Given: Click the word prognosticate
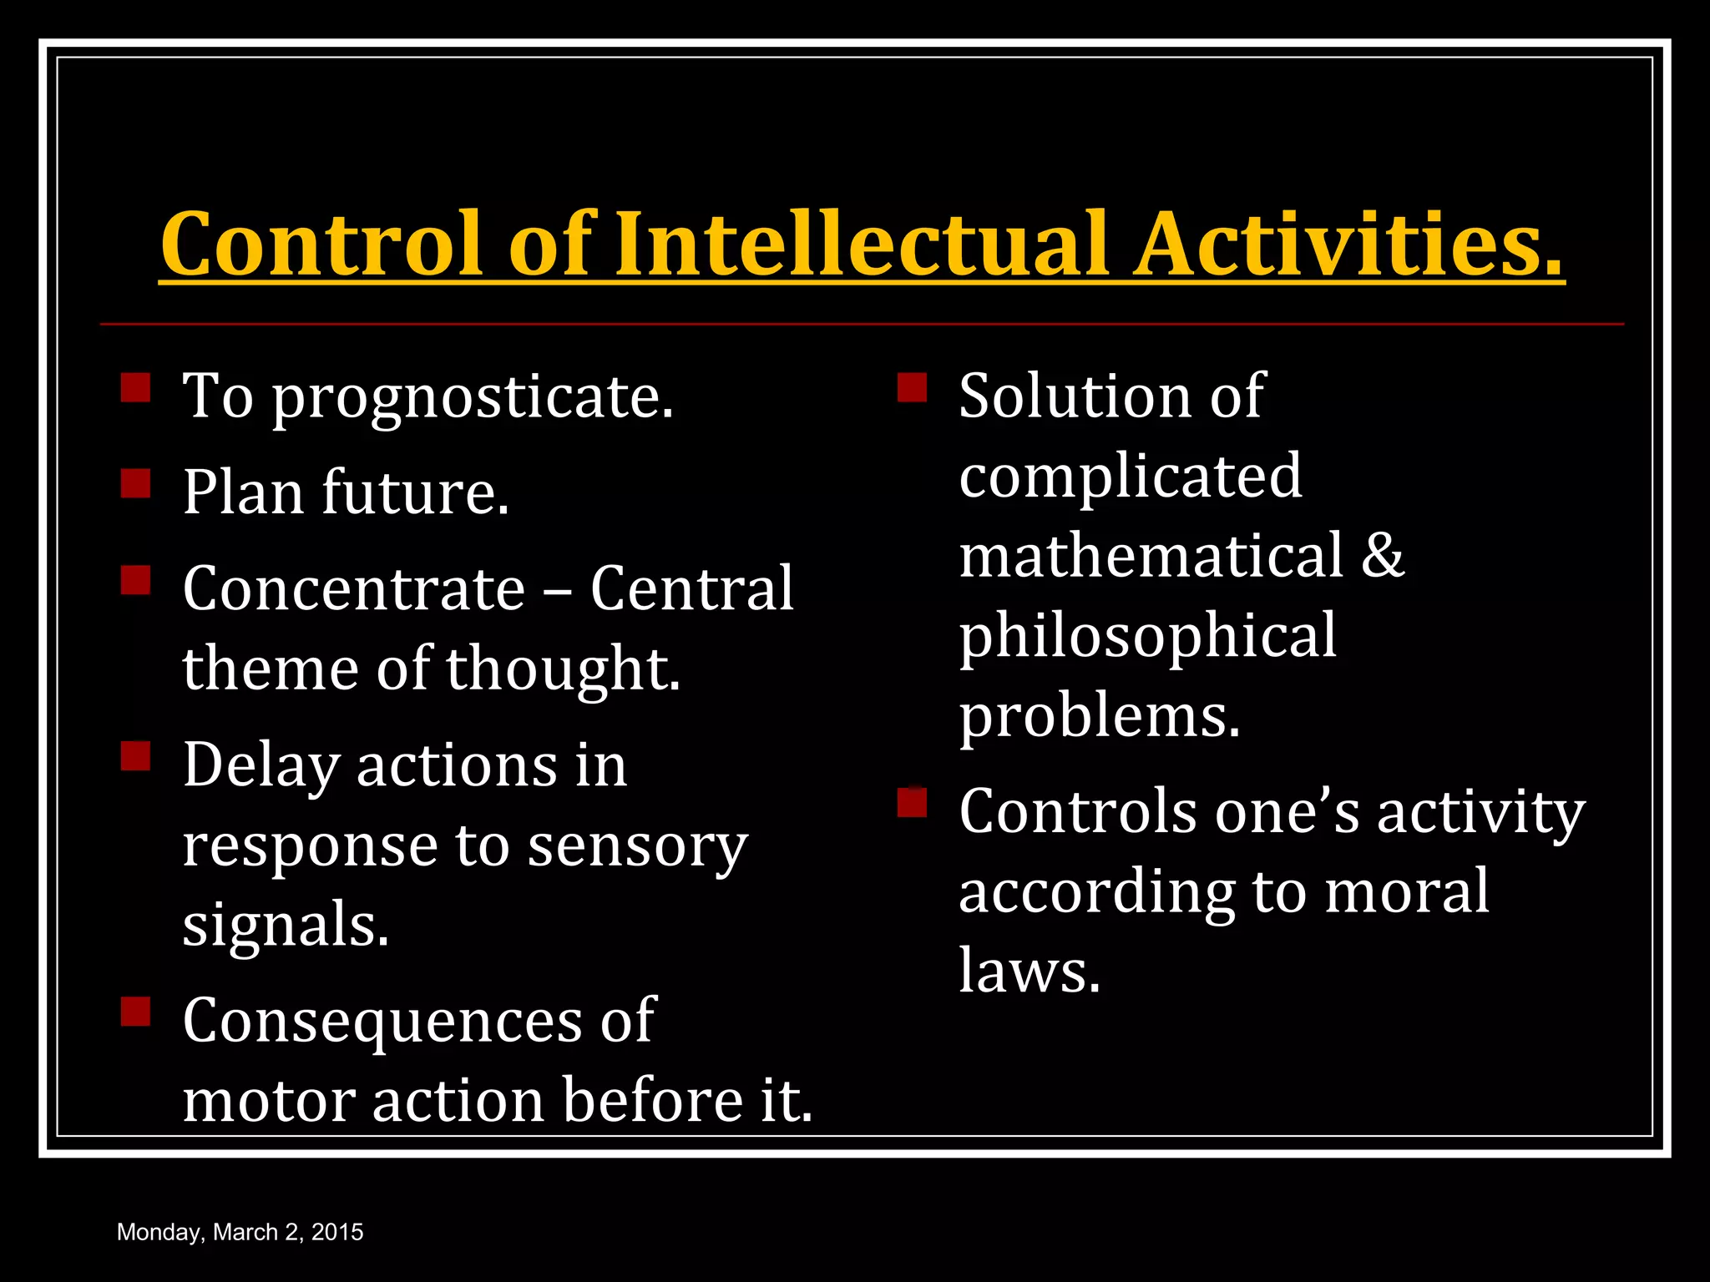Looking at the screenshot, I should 473,397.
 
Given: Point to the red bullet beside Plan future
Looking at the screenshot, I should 135,483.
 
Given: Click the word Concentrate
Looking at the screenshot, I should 354,589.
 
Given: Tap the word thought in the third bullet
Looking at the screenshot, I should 563,669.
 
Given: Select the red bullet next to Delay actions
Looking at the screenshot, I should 135,756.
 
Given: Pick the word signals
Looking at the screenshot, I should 286,926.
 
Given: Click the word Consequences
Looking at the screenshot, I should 382,1020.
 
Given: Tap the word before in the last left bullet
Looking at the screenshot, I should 652,1100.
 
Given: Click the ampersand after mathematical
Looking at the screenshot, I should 1383,556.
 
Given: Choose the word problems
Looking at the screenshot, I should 1099,717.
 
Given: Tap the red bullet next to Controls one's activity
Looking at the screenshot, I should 912,802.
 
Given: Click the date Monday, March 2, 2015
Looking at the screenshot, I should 240,1232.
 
